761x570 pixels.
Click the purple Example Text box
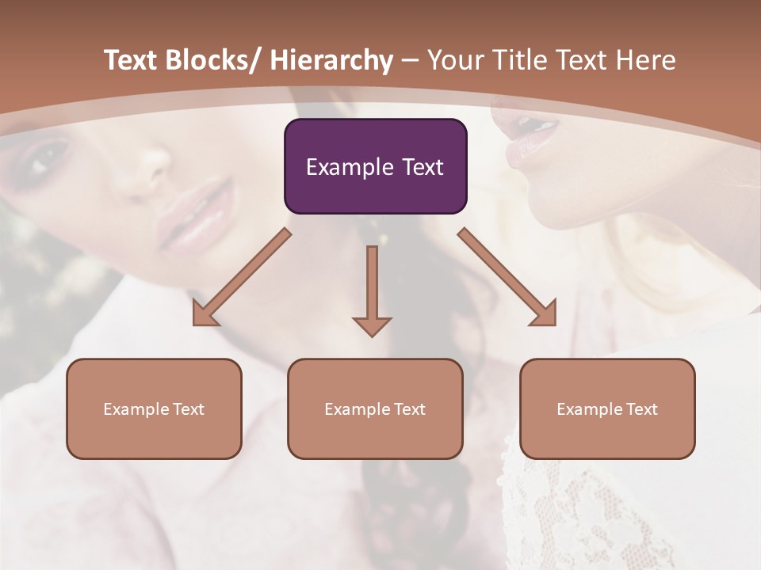tap(375, 166)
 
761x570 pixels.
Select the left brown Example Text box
tap(154, 408)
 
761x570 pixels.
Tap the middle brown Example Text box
tap(375, 408)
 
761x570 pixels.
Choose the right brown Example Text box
tap(607, 408)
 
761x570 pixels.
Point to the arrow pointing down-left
tap(242, 277)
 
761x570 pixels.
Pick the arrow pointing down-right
tap(507, 277)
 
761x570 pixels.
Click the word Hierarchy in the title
tap(331, 60)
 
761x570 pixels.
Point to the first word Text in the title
tap(132, 60)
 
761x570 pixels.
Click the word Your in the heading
tap(457, 60)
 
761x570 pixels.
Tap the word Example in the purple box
tap(349, 167)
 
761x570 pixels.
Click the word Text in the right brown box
tap(641, 408)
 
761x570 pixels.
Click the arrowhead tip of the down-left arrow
tap(196, 323)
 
